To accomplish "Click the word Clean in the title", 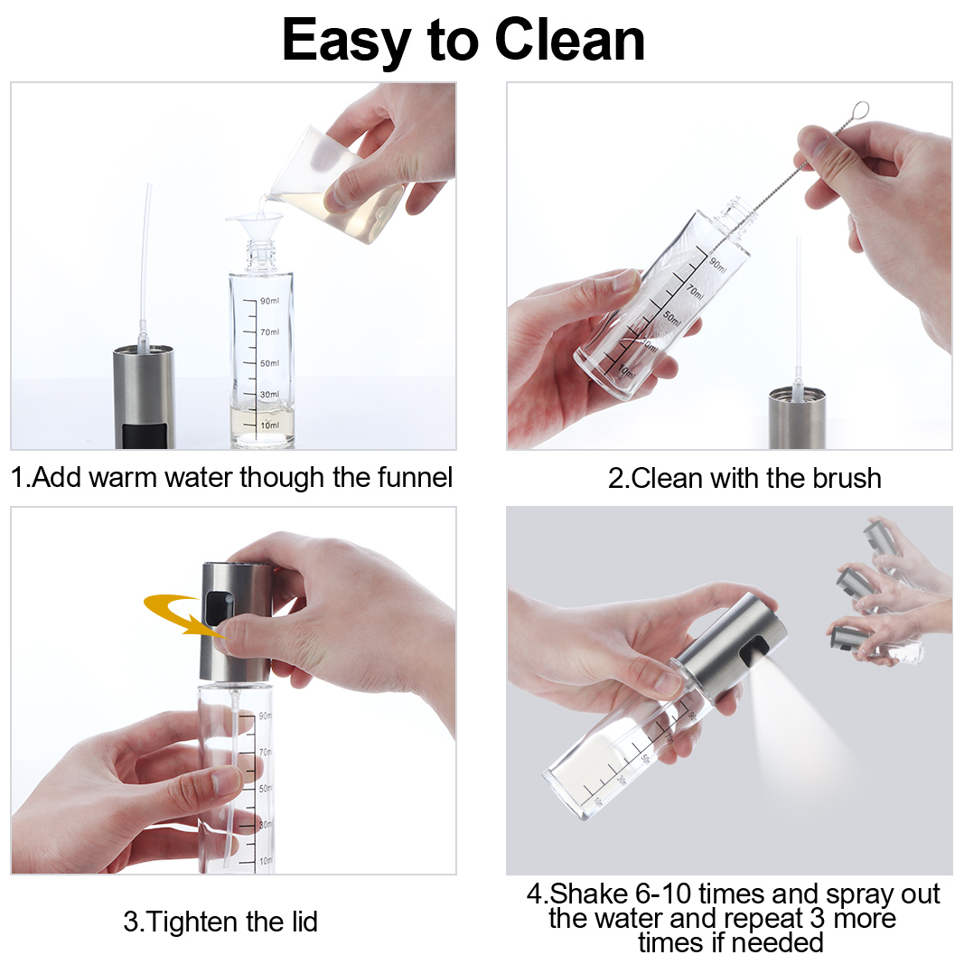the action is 569,40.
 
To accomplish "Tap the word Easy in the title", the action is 346,42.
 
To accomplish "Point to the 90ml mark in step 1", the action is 269,301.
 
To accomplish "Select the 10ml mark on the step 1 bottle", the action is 269,425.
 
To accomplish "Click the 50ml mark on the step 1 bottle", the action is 269,363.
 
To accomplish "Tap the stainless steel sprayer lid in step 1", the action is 144,398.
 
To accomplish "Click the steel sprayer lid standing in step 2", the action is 797,416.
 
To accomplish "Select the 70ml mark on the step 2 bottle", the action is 696,291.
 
